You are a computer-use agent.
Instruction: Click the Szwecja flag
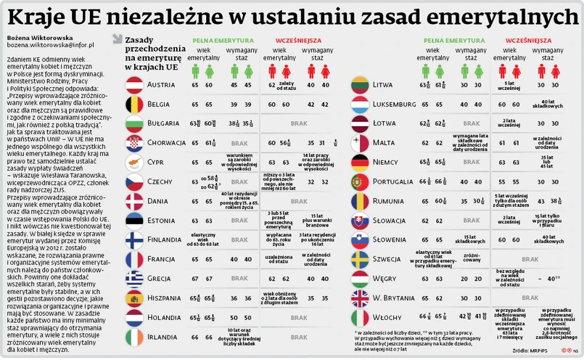361,260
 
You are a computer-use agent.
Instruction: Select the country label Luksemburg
395,105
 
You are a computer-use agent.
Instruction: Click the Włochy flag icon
361,318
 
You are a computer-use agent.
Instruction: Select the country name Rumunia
389,201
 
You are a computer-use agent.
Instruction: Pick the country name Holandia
165,318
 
